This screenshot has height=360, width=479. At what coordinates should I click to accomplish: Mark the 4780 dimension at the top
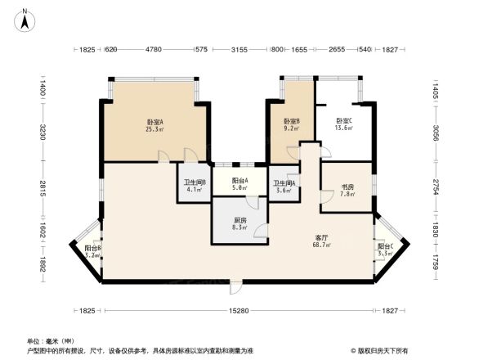[153, 50]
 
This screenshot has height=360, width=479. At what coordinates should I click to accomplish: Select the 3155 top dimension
[239, 50]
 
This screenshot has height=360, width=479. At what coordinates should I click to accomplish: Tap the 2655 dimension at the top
[337, 50]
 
